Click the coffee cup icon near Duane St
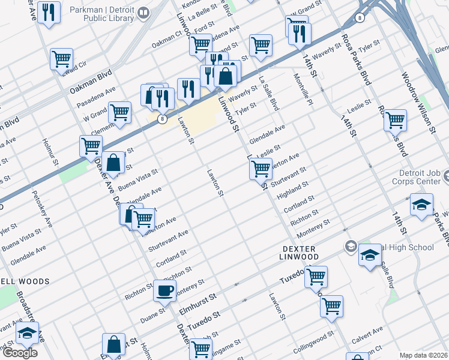pos(165,291)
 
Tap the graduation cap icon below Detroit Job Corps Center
pos(422,205)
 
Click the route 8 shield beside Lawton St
pos(163,119)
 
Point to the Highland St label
pos(294,191)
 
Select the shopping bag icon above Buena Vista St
pos(113,162)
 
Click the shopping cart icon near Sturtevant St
pos(261,169)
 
